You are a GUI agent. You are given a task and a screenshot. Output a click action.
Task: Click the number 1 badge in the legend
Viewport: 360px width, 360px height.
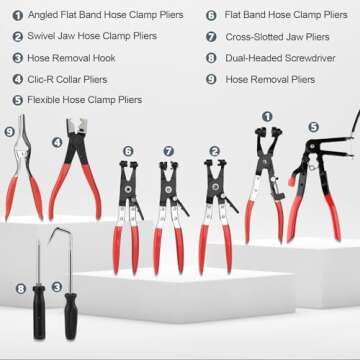[19, 16]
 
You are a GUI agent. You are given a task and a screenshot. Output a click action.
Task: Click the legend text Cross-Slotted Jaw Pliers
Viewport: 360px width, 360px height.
[276, 37]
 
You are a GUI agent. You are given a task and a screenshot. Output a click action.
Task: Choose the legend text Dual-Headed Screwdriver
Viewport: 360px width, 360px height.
[278, 58]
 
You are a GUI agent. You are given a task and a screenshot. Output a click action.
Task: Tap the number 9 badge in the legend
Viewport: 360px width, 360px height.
[212, 78]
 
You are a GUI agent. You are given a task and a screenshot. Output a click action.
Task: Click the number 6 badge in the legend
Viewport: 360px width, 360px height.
[212, 16]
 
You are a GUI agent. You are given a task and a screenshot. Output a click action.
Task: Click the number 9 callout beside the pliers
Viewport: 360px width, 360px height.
[10, 131]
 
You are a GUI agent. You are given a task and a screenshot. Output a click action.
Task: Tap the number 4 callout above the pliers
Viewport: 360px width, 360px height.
[57, 142]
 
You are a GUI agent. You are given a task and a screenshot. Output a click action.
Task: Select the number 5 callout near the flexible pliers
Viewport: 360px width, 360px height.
[313, 127]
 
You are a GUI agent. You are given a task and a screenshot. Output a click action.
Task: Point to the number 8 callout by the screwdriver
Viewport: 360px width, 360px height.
[20, 289]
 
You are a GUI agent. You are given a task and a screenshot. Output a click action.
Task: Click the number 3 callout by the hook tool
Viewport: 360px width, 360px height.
[57, 287]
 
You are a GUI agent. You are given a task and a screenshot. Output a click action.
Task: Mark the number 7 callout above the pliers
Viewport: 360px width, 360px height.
[168, 152]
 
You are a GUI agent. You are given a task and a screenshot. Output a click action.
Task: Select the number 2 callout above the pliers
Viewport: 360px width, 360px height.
[214, 152]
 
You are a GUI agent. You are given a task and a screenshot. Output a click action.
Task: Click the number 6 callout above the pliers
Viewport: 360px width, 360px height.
[128, 151]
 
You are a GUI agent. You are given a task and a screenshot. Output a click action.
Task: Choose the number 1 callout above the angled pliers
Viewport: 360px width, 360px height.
[267, 117]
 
